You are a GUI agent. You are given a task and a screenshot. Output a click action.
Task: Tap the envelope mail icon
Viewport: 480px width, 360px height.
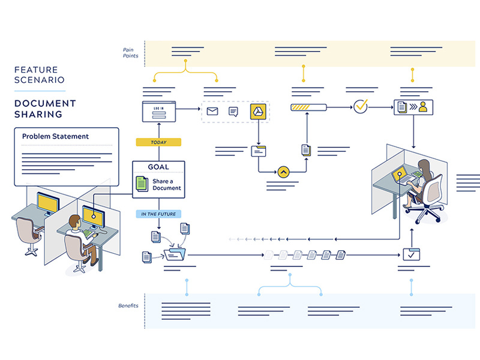click(212, 111)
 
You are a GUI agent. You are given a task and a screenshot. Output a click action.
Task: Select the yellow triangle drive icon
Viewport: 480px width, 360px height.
click(258, 111)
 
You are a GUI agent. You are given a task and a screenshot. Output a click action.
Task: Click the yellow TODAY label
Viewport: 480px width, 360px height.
click(158, 142)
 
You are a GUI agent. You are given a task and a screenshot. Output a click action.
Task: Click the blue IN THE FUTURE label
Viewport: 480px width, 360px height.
click(158, 214)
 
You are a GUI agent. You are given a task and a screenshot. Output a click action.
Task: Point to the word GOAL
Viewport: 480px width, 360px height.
click(158, 167)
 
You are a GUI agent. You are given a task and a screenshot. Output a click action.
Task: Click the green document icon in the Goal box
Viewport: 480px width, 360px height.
click(141, 184)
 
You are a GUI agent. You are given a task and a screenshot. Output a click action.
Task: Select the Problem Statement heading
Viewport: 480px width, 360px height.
click(55, 136)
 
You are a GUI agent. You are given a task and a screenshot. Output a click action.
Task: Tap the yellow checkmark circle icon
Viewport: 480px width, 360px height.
click(361, 107)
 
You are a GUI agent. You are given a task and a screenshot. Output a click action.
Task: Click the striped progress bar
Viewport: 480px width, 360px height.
click(308, 107)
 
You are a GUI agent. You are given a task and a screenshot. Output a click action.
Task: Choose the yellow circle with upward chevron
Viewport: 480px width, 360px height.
click(284, 172)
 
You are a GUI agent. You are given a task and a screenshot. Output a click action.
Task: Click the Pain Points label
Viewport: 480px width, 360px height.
click(130, 53)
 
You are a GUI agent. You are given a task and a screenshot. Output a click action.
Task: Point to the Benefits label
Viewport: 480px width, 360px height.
click(128, 306)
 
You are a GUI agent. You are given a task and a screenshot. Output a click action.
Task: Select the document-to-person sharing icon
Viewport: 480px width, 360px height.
click(413, 107)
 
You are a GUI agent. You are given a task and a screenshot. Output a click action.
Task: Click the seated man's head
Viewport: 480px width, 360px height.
click(74, 223)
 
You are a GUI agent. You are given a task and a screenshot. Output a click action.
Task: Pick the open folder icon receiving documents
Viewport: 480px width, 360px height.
click(176, 256)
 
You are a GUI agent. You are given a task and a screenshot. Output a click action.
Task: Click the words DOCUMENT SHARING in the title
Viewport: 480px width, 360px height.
click(45, 109)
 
